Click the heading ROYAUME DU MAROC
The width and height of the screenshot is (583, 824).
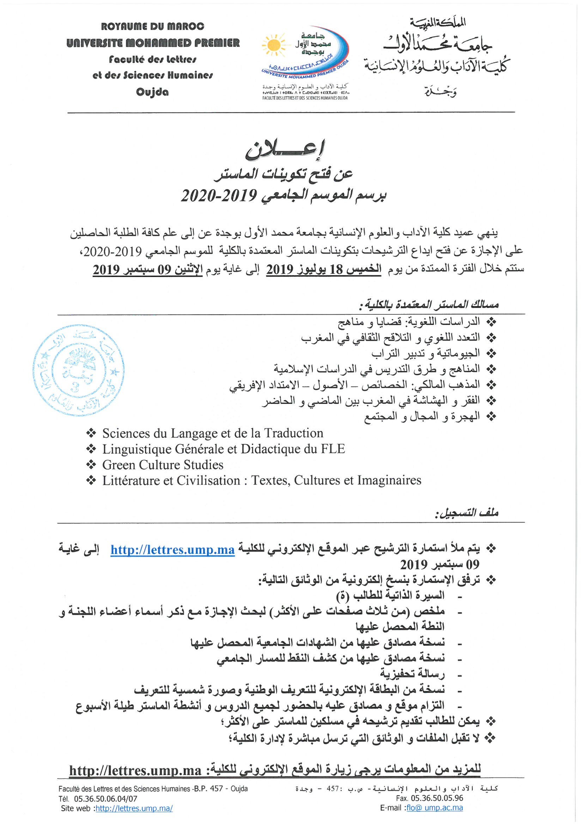153,26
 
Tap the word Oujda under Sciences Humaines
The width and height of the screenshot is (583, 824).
152,92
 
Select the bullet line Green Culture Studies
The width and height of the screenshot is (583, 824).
162,465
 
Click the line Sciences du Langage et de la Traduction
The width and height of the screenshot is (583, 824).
212,433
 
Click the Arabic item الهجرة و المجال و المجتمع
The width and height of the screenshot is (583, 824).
422,416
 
